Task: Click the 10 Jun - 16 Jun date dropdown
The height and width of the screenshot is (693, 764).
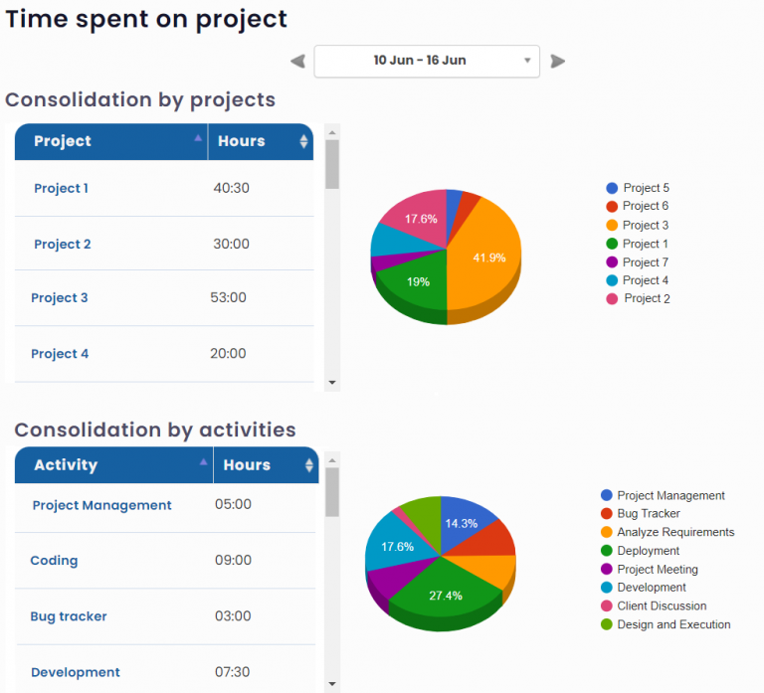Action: [427, 61]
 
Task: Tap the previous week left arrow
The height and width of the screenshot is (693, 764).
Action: [297, 62]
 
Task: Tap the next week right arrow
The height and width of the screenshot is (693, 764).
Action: [558, 62]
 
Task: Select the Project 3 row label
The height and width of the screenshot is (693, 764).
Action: [60, 298]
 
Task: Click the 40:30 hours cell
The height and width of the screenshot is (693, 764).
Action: [231, 188]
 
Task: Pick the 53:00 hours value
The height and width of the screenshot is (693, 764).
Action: [228, 297]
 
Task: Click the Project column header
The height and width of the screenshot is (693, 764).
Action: [63, 141]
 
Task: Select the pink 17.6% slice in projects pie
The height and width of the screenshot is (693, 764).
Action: [420, 217]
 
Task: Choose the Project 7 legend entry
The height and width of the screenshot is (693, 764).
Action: [645, 262]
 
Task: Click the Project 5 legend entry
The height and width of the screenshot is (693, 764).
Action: [645, 188]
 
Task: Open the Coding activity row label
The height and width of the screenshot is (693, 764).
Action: [54, 561]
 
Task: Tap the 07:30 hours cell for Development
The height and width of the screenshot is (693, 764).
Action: [233, 672]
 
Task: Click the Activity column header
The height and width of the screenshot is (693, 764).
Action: [66, 465]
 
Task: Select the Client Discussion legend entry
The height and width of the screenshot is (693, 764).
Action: [661, 606]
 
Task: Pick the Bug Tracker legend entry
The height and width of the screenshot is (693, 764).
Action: [648, 514]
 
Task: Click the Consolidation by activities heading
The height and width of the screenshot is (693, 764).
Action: [155, 431]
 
